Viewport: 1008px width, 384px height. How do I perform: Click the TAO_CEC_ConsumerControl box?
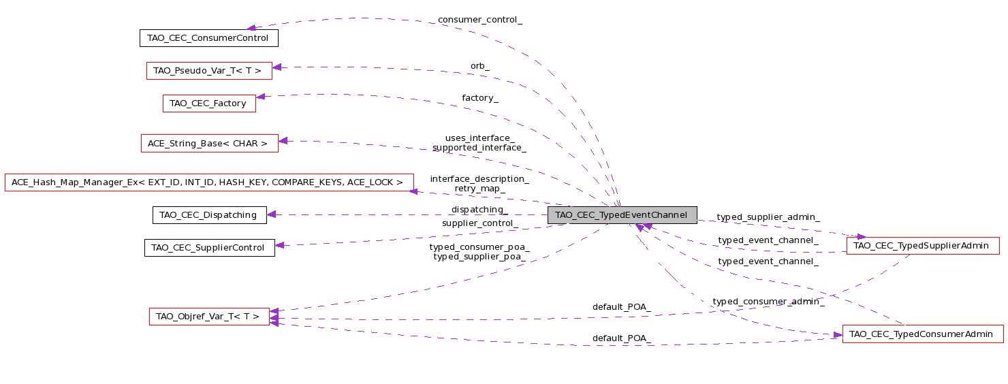click(x=209, y=38)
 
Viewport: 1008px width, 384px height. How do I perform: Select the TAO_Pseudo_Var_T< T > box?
click(x=209, y=71)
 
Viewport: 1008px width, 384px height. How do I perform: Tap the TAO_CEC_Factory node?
click(x=209, y=103)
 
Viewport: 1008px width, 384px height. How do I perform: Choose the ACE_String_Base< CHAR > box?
click(x=209, y=144)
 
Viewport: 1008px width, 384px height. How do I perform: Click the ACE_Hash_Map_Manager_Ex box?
click(x=209, y=182)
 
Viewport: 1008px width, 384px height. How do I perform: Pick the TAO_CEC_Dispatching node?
click(x=209, y=215)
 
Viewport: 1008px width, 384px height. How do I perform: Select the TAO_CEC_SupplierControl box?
click(x=209, y=248)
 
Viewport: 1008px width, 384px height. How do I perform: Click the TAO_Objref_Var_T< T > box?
click(x=209, y=317)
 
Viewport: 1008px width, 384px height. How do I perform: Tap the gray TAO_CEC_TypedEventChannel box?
click(x=623, y=215)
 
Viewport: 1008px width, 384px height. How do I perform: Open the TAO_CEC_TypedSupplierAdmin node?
click(x=922, y=246)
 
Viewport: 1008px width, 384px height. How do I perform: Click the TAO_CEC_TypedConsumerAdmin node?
click(x=922, y=334)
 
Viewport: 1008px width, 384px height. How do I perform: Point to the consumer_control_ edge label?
click(x=480, y=20)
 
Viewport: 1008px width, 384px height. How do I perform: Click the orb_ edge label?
click(x=480, y=66)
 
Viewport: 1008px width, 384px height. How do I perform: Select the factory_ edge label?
click(x=480, y=98)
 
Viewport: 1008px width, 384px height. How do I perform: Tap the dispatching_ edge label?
click(x=480, y=210)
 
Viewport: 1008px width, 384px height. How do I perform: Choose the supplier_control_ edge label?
click(x=480, y=223)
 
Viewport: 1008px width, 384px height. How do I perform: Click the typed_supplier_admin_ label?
click(x=768, y=217)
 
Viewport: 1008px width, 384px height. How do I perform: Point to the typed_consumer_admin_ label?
click(x=768, y=302)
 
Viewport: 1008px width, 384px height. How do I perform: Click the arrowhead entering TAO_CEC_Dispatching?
click(x=272, y=215)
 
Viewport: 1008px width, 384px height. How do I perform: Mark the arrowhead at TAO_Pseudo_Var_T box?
click(x=277, y=67)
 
